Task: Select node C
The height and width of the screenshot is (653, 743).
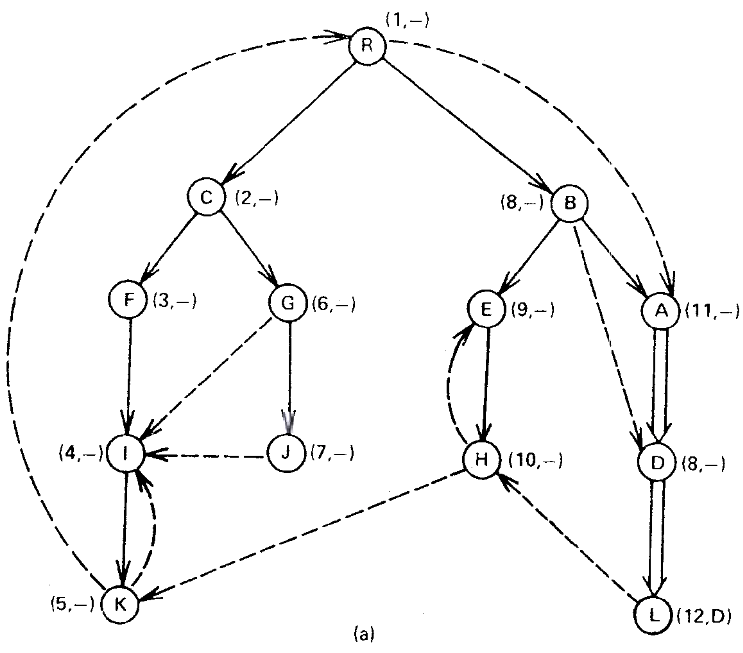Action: tap(206, 198)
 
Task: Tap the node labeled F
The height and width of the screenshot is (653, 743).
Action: tap(129, 300)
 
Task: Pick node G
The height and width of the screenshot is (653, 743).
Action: tap(288, 303)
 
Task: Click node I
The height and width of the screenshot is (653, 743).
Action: tap(126, 454)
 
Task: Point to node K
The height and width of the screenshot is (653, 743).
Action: tap(120, 604)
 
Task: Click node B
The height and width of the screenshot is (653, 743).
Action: tap(570, 203)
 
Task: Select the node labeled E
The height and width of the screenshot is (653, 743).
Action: tap(486, 310)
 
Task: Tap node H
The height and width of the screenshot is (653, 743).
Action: tap(481, 460)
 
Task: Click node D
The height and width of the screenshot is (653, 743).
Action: tap(657, 463)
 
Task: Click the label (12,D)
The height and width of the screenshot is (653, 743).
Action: tap(703, 617)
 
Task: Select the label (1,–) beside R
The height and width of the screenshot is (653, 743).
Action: tap(407, 21)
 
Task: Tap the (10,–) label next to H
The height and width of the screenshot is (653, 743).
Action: tap(535, 461)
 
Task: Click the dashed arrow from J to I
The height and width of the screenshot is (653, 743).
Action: tap(208, 454)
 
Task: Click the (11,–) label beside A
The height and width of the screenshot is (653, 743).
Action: tap(712, 311)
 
